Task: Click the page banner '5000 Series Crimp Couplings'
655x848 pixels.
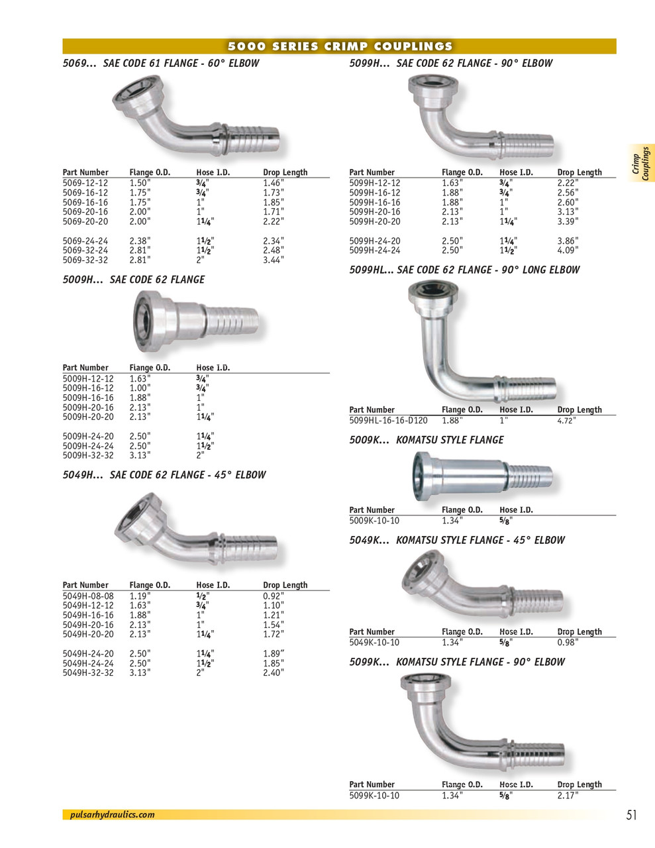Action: [339, 46]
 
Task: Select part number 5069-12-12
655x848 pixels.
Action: [85, 183]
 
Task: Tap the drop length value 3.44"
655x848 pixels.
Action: [273, 260]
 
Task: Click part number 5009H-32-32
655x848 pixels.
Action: [88, 456]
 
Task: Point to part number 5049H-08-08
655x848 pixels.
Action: [88, 596]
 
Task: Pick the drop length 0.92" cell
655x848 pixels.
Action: [273, 596]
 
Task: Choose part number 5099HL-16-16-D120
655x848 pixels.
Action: [388, 421]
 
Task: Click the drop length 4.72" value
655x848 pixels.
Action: [567, 421]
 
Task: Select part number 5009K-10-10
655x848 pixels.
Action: [374, 521]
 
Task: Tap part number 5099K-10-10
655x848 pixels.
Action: [374, 796]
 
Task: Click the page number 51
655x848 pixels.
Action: [631, 816]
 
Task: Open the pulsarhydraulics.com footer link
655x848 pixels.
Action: [112, 815]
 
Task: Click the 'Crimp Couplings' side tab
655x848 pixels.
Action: [640, 163]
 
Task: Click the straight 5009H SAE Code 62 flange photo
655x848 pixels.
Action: [195, 322]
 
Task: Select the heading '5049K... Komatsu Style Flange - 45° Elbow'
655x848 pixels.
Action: [457, 541]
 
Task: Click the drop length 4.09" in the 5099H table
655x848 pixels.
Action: [568, 251]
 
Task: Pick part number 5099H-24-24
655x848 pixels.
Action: [374, 251]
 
